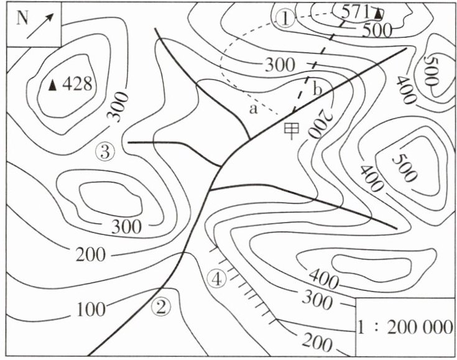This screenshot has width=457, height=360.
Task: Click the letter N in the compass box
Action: coord(22,19)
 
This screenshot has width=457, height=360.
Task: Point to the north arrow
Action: coord(40,25)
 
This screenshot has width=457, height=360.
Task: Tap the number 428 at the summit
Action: coord(77,84)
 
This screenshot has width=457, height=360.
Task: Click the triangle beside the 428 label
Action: coord(52,85)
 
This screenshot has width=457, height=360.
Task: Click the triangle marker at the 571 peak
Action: coord(378,14)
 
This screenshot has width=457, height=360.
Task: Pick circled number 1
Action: coord(285,18)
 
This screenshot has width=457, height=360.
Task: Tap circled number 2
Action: coord(161,307)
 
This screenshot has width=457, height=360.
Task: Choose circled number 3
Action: coord(105,152)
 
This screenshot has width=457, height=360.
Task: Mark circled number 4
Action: coord(216,279)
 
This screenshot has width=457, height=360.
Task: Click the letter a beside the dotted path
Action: coord(254,109)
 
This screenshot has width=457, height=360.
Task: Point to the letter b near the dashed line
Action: coord(317,89)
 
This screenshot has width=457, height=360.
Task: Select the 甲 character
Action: coord(292,131)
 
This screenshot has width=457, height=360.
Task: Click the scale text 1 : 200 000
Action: coord(405,327)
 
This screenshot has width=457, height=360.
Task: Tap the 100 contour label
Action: coord(91,309)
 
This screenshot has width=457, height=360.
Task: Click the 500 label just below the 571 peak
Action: coord(377,30)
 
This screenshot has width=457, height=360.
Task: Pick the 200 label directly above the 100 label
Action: coord(91,254)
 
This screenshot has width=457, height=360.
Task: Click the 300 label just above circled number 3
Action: coord(118,106)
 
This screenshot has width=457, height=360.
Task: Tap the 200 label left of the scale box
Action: coord(317,343)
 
